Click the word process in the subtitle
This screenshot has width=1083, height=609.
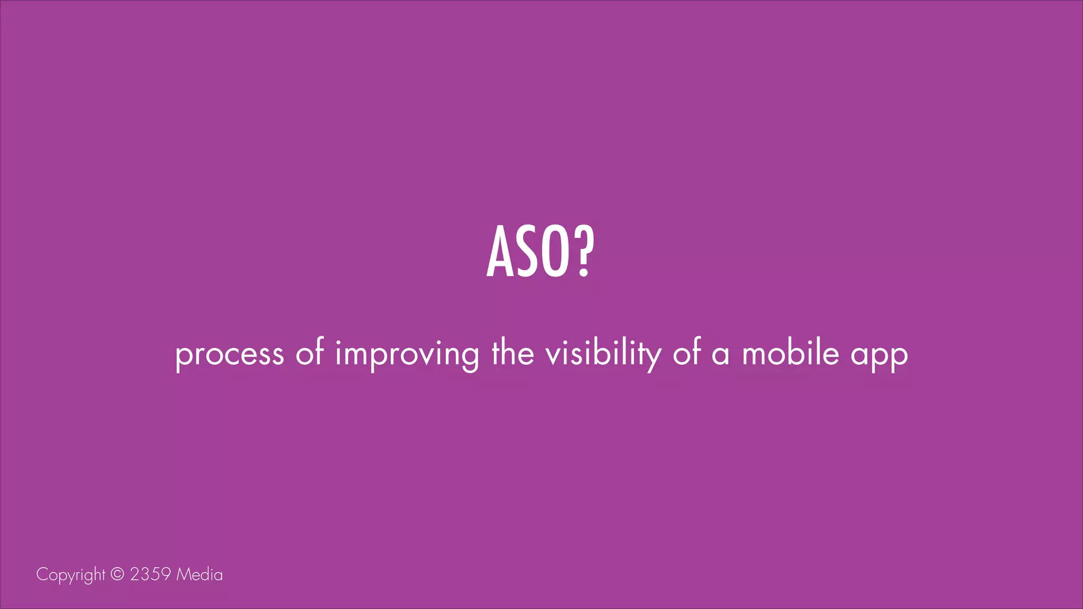230,354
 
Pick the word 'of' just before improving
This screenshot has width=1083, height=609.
310,353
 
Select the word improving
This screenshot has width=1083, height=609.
407,354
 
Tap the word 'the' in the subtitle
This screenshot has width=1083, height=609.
512,353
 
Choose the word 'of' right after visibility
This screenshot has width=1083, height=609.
686,353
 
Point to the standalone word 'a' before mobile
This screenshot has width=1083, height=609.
720,355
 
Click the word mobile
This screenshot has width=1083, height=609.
791,353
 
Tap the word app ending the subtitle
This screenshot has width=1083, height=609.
879,356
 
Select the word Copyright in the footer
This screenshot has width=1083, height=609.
71,575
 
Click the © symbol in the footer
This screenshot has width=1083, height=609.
117,574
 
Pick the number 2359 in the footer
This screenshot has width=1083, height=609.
150,574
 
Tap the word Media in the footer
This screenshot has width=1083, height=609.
199,574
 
